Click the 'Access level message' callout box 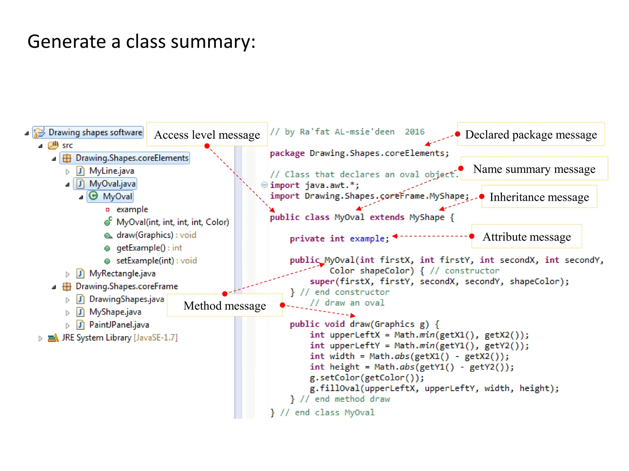tap(207, 135)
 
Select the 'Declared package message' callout tap(531, 135)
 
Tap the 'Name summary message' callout tap(534, 169)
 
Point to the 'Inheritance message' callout tap(539, 197)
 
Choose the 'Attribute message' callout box tap(526, 237)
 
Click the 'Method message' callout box tap(225, 306)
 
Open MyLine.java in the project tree tap(111, 171)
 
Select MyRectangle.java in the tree tap(122, 273)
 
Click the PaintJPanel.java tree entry tap(119, 325)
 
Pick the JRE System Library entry tap(119, 338)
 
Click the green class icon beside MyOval tap(93, 196)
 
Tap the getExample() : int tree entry tap(149, 248)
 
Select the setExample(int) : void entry tap(156, 261)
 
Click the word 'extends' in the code tap(387, 217)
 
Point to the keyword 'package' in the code tap(287, 153)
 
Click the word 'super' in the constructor tap(322, 281)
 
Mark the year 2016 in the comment tap(414, 132)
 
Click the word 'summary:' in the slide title tap(213, 41)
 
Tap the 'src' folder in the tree tap(67, 145)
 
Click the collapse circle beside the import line tap(264, 185)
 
